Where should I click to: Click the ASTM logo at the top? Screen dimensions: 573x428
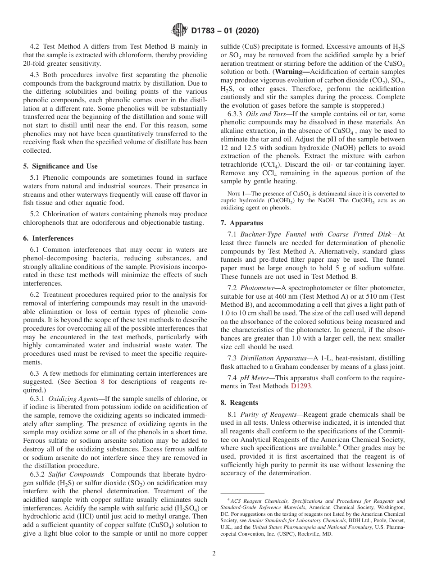[179, 31]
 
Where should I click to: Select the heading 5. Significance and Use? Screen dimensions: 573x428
[60, 166]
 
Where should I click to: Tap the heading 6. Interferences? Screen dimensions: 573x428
[48, 238]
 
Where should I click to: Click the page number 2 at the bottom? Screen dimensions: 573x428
[214, 554]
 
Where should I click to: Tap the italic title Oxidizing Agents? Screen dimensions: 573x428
[71, 399]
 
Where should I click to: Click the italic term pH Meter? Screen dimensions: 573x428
[256, 377]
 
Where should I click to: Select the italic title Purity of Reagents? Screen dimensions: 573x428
[267, 414]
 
